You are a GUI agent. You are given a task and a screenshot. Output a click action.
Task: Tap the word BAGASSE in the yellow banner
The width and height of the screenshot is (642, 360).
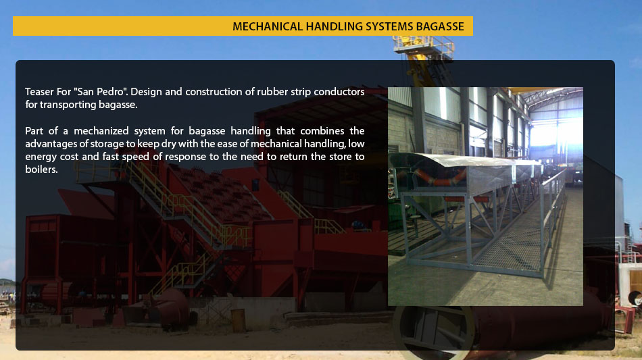[x=440, y=26]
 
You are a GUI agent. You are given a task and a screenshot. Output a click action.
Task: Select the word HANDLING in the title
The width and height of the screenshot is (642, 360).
[x=334, y=26]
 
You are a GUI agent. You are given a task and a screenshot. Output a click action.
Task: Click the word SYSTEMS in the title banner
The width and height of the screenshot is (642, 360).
[x=389, y=26]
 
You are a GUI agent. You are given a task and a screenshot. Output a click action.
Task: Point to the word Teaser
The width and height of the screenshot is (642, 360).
[x=37, y=92]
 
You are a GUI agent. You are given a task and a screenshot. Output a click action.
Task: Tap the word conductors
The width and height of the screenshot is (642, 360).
[x=339, y=92]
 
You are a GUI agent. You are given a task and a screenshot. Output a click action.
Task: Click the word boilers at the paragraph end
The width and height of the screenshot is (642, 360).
[x=41, y=170]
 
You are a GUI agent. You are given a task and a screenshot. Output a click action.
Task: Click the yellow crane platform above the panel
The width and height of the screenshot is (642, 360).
[x=424, y=46]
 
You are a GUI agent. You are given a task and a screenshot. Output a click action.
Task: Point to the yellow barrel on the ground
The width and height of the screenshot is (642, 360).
[x=238, y=320]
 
